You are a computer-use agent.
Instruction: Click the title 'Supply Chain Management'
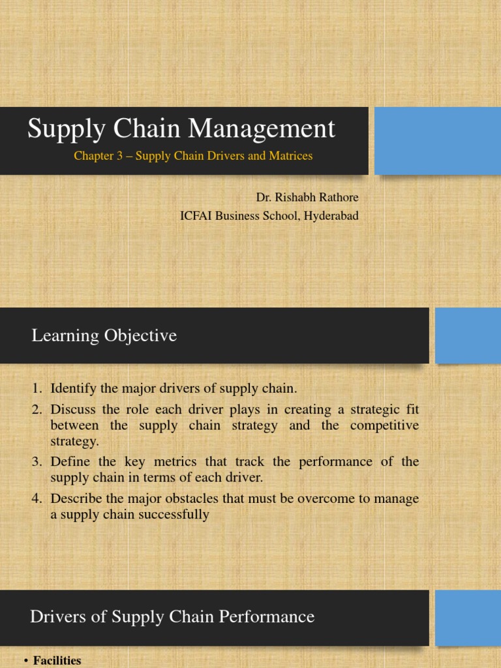click(181, 129)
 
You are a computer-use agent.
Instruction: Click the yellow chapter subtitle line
click(193, 156)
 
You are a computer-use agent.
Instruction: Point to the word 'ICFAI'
click(196, 216)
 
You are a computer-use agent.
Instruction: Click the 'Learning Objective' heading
click(104, 336)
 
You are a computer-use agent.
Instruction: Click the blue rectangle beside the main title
click(438, 141)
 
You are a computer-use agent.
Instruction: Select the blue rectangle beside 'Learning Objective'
click(468, 335)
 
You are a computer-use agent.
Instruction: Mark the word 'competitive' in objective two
click(385, 426)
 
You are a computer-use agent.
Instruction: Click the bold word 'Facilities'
click(57, 661)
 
